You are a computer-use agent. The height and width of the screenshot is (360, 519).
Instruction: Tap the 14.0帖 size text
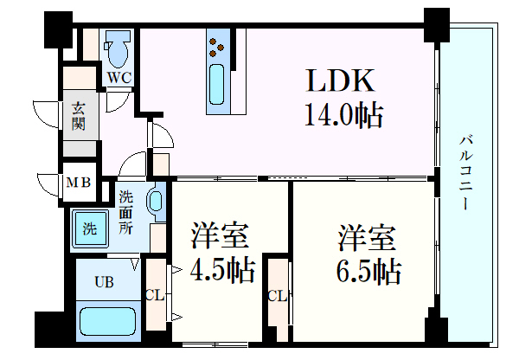click(343, 113)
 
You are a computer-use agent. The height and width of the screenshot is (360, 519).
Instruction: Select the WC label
click(118, 78)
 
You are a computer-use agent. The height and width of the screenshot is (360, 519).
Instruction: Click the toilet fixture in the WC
click(118, 50)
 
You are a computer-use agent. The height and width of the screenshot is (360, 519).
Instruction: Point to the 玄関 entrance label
click(78, 115)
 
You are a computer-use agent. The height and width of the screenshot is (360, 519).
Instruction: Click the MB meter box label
click(79, 183)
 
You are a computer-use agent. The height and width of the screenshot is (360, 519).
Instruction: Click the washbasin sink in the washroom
click(156, 202)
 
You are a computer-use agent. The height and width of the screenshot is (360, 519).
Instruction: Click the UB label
click(103, 281)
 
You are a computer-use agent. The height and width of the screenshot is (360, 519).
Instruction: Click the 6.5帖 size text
click(368, 271)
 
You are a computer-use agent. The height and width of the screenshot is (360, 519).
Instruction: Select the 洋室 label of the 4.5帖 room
click(221, 236)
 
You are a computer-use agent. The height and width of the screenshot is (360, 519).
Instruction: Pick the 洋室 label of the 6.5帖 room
click(367, 236)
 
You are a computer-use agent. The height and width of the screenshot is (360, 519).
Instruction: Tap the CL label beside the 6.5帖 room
click(277, 296)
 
